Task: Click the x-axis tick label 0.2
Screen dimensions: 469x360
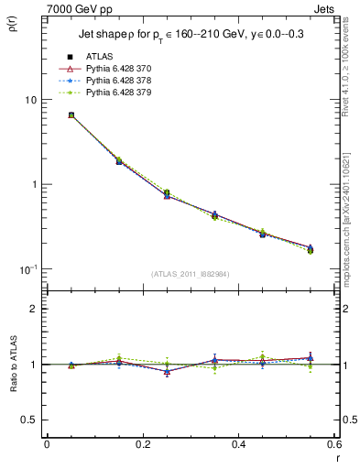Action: tap(142, 445)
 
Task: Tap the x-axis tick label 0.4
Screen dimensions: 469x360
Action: tap(238, 445)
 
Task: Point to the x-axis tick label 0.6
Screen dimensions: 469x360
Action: tap(333, 445)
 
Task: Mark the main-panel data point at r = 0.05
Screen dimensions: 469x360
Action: tap(71, 115)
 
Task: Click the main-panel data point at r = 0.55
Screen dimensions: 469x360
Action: tap(310, 248)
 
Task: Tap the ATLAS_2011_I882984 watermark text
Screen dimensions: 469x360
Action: tap(190, 274)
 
